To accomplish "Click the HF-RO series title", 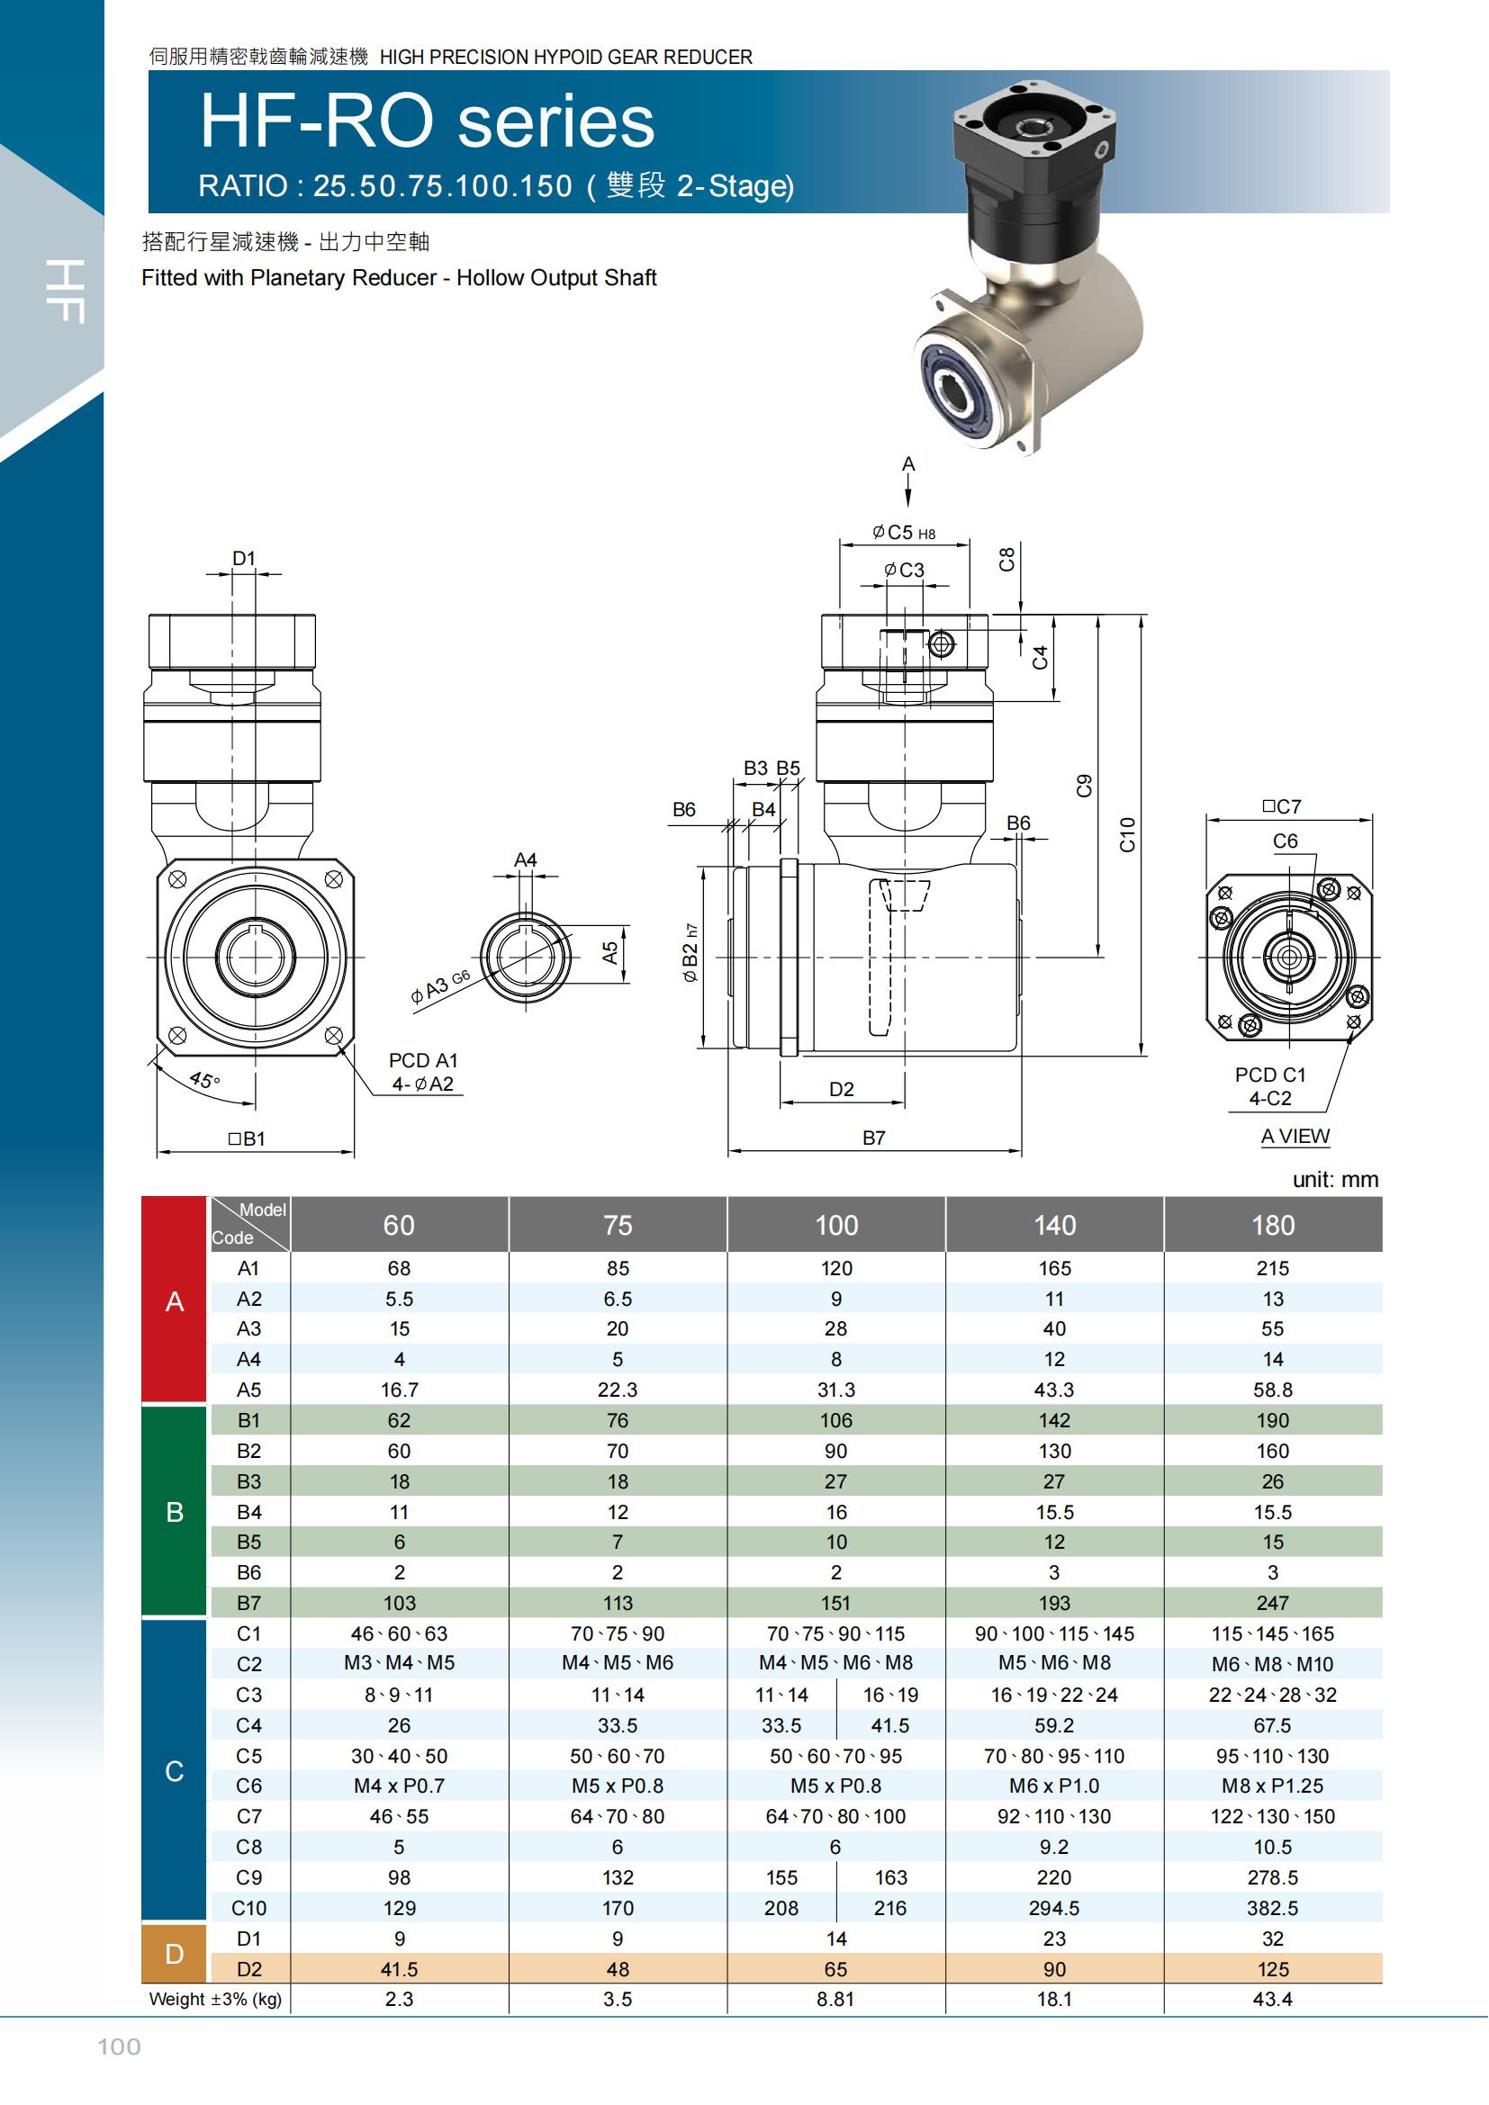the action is (428, 121).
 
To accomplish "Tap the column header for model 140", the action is (1054, 1225).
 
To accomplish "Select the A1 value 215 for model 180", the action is (1273, 1268).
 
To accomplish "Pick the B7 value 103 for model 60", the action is (400, 1603).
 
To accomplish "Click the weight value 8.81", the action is (835, 1999).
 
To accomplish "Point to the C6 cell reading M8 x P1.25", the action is (1273, 1785).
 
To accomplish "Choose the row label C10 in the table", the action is (248, 1908).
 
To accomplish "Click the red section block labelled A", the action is (175, 1300).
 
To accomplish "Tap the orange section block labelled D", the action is (175, 1954).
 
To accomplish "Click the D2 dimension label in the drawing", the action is (842, 1089).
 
